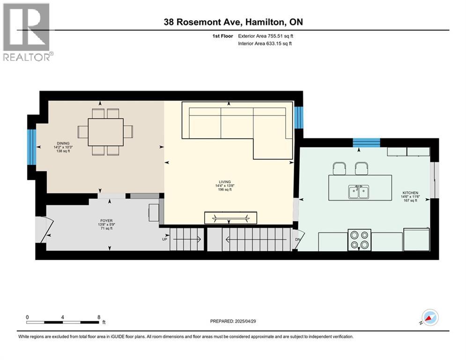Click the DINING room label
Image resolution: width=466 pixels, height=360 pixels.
pyautogui.click(x=63, y=143)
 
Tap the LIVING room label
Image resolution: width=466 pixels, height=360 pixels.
pyautogui.click(x=225, y=182)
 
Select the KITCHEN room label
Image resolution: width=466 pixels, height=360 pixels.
pyautogui.click(x=410, y=193)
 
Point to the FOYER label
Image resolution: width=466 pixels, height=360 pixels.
pyautogui.click(x=106, y=221)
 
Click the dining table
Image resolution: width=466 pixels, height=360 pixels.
pyautogui.click(x=105, y=132)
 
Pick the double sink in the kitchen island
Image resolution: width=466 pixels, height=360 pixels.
pyautogui.click(x=359, y=192)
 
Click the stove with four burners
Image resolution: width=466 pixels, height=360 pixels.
pyautogui.click(x=359, y=240)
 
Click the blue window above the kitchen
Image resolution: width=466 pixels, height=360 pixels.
pyautogui.click(x=366, y=142)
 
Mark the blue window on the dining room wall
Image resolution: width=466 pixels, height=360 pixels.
pyautogui.click(x=32, y=147)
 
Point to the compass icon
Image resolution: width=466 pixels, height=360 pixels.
pyautogui.click(x=430, y=317)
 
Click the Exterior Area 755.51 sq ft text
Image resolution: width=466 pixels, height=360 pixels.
pyautogui.click(x=266, y=36)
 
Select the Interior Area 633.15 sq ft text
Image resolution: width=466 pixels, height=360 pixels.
pyautogui.click(x=265, y=44)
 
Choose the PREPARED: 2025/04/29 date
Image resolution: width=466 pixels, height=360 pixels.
pyautogui.click(x=233, y=321)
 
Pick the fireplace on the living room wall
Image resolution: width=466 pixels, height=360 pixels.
pyautogui.click(x=230, y=218)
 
